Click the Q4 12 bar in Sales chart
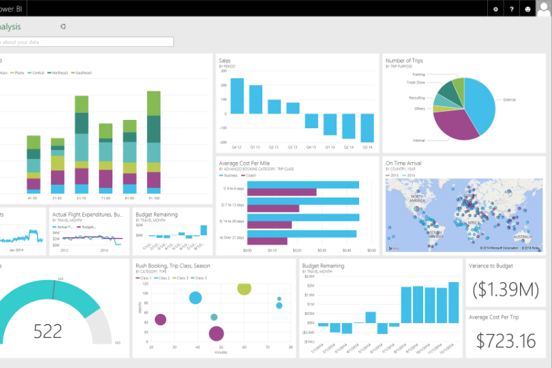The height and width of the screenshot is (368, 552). pyautogui.click(x=236, y=95)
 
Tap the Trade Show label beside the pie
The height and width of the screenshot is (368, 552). pyautogui.click(x=416, y=82)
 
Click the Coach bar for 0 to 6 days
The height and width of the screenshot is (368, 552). pyautogui.click(x=281, y=192)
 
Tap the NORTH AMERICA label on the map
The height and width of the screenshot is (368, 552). pyautogui.click(x=422, y=198)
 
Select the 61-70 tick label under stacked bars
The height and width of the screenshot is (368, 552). pyautogui.click(x=81, y=198)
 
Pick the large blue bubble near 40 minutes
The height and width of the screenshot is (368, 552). pyautogui.click(x=196, y=298)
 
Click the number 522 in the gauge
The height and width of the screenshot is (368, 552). pyautogui.click(x=48, y=331)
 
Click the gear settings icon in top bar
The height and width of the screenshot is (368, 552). pyautogui.click(x=495, y=9)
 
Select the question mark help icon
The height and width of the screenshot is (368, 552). pyautogui.click(x=512, y=9)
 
